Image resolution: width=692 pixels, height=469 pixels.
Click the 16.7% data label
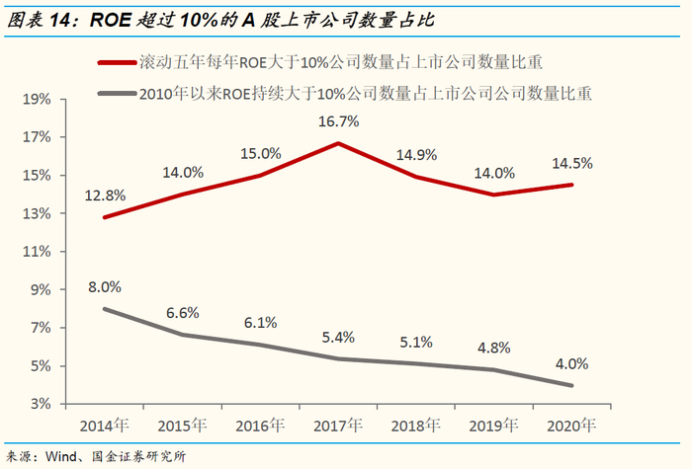(338, 121)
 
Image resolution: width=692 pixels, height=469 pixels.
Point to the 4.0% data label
(572, 362)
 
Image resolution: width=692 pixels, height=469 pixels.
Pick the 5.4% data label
(338, 337)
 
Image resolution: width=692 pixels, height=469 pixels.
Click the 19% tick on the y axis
(37, 100)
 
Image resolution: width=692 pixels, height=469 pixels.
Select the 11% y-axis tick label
(37, 252)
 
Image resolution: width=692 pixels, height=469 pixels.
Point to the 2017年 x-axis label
(338, 427)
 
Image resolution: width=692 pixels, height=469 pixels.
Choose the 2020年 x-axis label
(572, 427)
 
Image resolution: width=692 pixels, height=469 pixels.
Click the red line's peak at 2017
(338, 143)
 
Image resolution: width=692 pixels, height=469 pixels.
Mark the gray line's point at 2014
(104, 309)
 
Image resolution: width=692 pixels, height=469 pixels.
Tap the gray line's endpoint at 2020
(572, 385)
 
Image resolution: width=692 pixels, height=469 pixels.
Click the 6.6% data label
(182, 313)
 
